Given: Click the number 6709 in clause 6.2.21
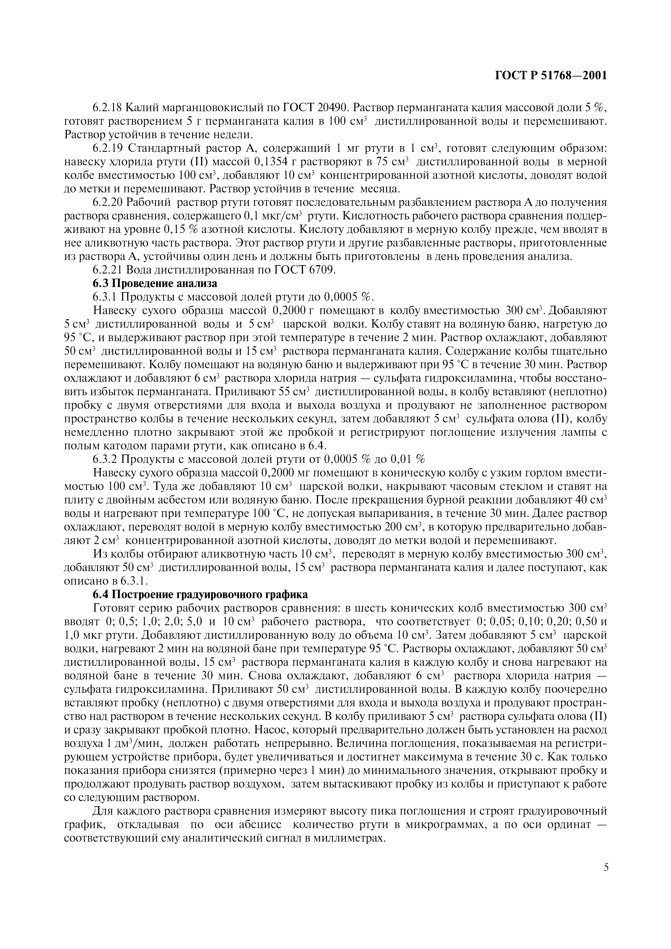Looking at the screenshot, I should click(322, 270).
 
